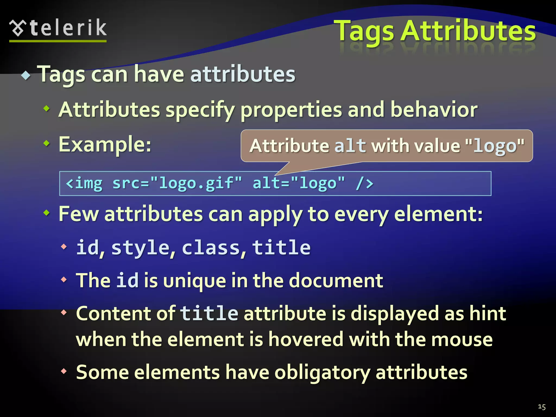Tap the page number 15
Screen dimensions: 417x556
(x=542, y=407)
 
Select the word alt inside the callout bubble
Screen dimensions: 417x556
(x=350, y=146)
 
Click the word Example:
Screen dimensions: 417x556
(x=105, y=144)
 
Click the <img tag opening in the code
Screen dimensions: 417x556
(x=84, y=183)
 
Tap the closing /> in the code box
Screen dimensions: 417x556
(x=365, y=183)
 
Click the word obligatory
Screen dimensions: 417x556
(x=322, y=372)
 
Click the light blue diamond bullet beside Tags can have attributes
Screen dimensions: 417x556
(x=26, y=75)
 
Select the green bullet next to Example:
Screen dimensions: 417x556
(x=47, y=143)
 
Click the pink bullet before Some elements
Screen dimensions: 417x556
(x=64, y=371)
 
